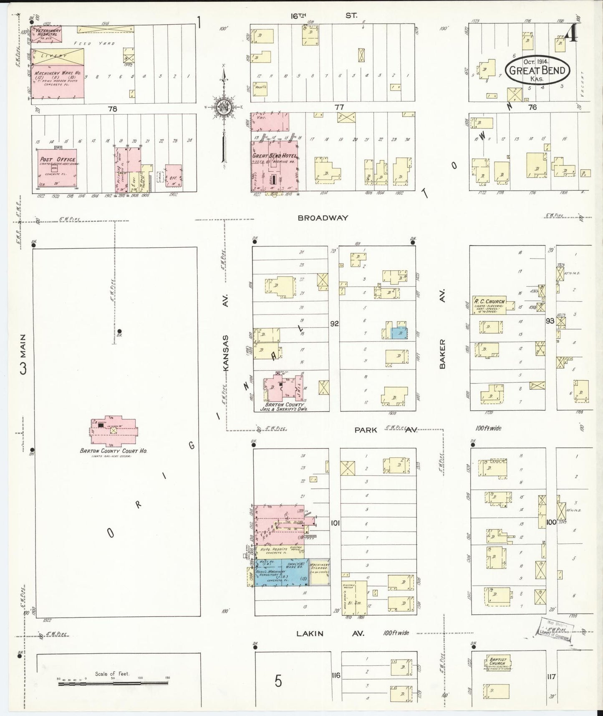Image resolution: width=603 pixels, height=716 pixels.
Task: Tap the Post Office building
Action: pyautogui.click(x=57, y=167)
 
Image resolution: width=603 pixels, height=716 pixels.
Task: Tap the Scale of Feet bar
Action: pyautogui.click(x=113, y=683)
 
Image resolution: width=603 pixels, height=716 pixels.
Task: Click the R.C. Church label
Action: pyautogui.click(x=489, y=301)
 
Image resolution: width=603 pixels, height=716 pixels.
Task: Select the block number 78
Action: pyautogui.click(x=112, y=109)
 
